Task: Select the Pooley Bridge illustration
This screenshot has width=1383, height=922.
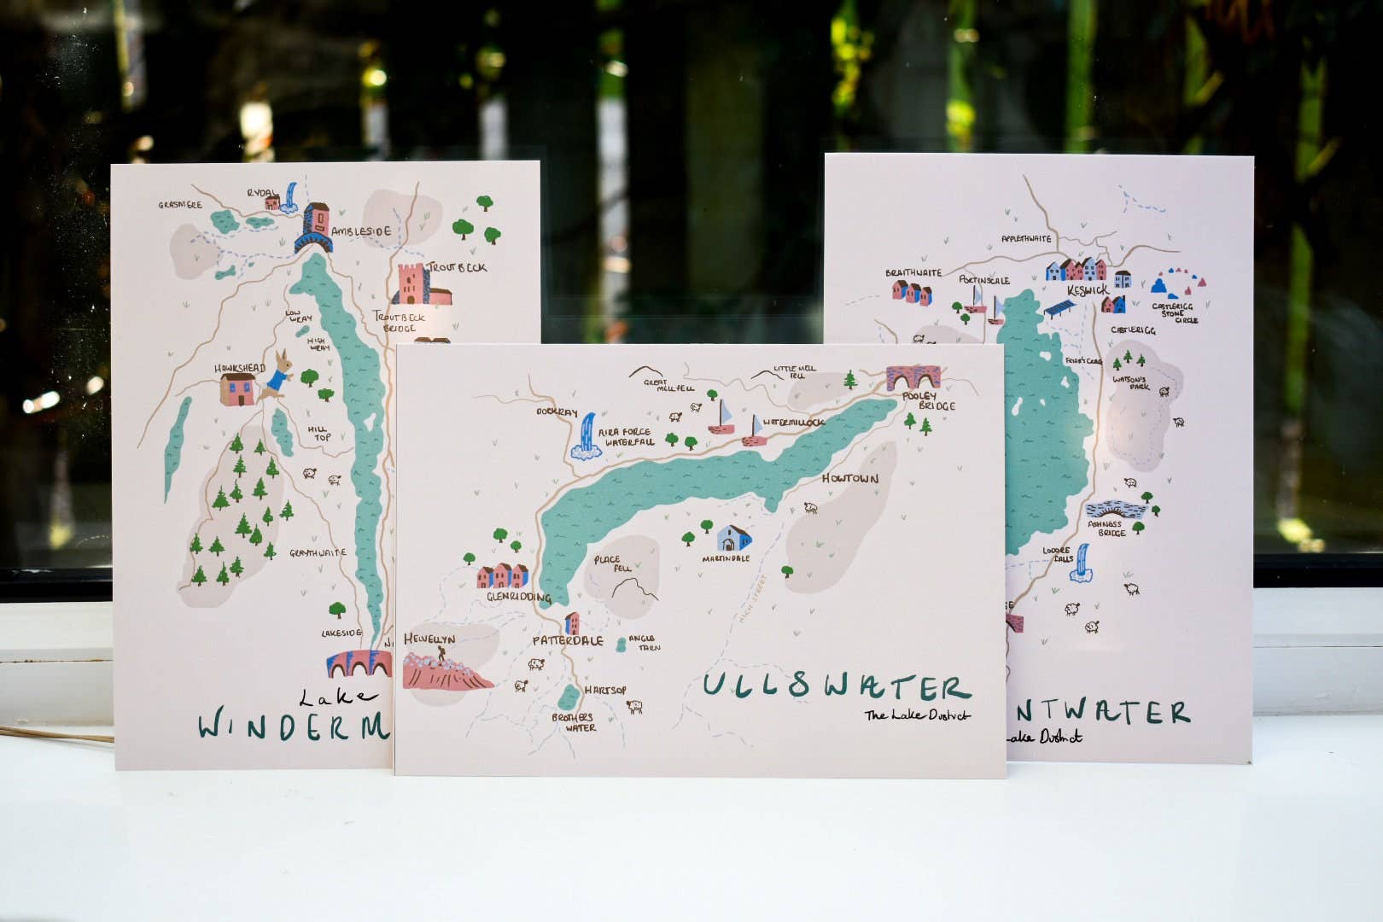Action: tap(913, 377)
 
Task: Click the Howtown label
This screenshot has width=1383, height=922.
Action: tap(849, 479)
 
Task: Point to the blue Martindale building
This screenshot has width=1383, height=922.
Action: tap(733, 539)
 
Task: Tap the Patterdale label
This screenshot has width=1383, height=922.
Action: tap(568, 640)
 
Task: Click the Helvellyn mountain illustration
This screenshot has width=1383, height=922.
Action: tap(446, 669)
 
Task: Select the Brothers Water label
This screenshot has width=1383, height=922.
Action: tap(573, 722)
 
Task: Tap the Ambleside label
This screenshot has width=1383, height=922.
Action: tap(361, 231)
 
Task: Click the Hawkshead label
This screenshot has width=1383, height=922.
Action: tap(240, 368)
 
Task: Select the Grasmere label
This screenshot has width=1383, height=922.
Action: tap(180, 205)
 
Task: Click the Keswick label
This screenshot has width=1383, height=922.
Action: tap(1087, 290)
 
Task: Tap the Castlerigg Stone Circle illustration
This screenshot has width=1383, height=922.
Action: tap(1176, 283)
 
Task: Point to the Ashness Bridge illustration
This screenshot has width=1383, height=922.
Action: tap(1115, 509)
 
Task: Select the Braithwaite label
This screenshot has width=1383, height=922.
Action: tap(913, 273)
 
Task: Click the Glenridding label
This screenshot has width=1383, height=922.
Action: tap(518, 598)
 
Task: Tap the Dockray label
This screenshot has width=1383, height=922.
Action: tap(557, 412)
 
